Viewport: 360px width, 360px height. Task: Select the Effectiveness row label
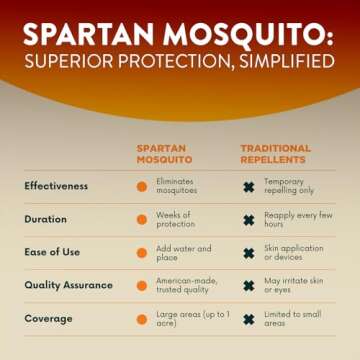click(x=56, y=186)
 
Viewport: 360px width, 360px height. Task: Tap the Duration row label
click(x=46, y=219)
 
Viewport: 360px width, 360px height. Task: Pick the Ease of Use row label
click(x=54, y=252)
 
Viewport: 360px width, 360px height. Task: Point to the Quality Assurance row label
click(x=68, y=285)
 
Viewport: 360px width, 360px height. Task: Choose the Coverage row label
click(x=49, y=318)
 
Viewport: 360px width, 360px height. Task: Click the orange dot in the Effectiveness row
click(x=142, y=187)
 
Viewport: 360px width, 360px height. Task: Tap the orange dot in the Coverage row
click(x=142, y=319)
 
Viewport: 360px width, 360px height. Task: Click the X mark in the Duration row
click(x=248, y=220)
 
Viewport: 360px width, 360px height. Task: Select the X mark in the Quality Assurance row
click(x=248, y=286)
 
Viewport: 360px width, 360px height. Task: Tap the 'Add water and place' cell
click(x=180, y=252)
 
